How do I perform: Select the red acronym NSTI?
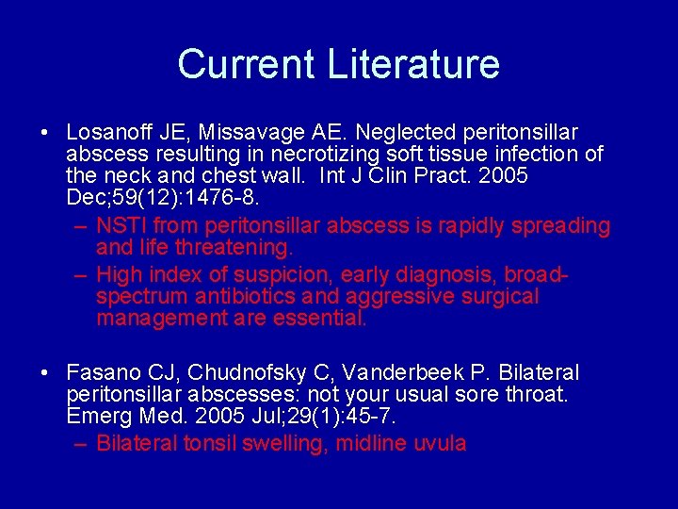click(x=121, y=226)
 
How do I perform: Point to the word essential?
click(x=318, y=319)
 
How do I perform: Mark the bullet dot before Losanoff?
click(x=46, y=133)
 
